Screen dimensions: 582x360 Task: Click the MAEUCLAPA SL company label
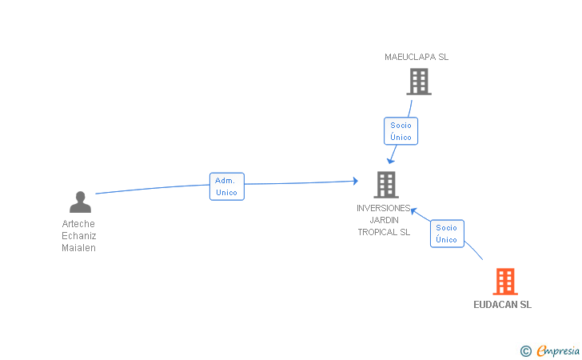click(x=417, y=57)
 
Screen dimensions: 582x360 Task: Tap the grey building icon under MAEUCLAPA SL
click(x=419, y=82)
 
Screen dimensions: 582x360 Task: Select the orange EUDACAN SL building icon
click(x=505, y=282)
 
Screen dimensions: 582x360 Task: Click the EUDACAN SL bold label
click(x=503, y=305)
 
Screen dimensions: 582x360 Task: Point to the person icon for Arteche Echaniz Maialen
click(x=80, y=202)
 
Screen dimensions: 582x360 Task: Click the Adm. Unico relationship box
click(x=227, y=186)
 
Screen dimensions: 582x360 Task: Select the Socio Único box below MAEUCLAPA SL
click(x=401, y=131)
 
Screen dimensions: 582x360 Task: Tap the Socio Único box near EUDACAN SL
click(x=447, y=234)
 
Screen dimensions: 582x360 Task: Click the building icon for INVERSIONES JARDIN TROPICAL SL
click(x=386, y=185)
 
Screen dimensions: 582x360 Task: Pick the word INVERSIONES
click(x=384, y=208)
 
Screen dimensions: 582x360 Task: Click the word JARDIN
click(x=385, y=220)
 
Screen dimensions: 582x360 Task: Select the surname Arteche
click(x=78, y=224)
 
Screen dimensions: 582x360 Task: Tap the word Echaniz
click(x=78, y=236)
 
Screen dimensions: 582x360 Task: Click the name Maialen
click(x=78, y=248)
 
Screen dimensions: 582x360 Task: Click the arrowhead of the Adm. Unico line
click(x=356, y=181)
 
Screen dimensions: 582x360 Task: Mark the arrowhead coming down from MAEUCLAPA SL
click(x=390, y=161)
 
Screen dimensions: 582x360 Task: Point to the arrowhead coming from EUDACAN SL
click(x=414, y=211)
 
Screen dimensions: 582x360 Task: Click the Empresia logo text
click(x=558, y=350)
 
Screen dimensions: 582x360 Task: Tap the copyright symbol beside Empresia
click(x=526, y=351)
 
